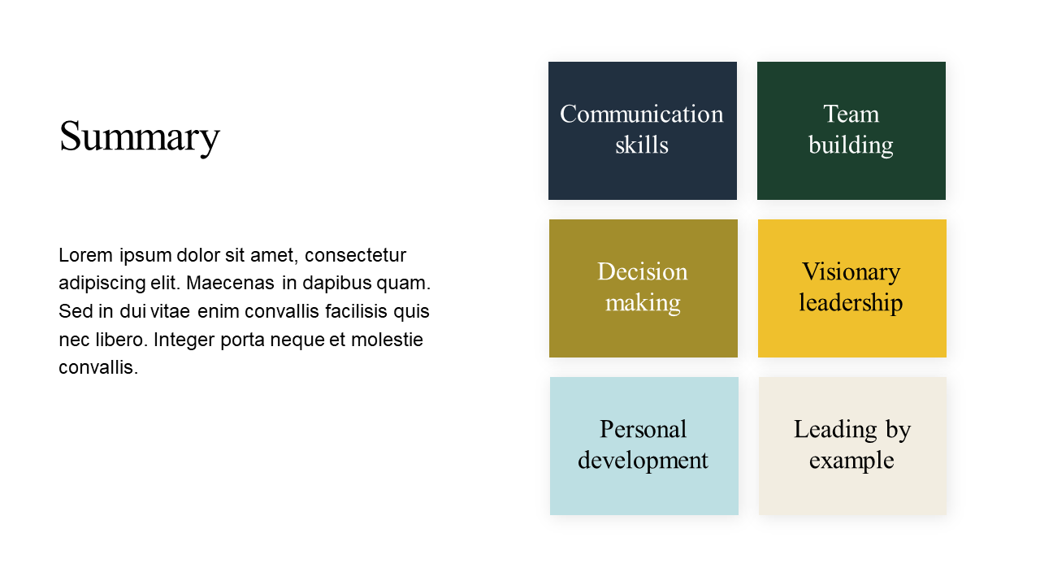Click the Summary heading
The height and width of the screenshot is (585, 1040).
coord(139,137)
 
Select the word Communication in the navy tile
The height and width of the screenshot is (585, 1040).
coord(642,115)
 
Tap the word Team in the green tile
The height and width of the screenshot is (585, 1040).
coord(851,115)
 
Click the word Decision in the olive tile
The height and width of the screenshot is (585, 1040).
coord(643,271)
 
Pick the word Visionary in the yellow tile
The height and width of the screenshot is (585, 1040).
coord(851,272)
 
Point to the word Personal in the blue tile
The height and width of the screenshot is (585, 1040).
coord(643,430)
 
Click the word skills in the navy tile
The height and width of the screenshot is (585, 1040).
coord(642,145)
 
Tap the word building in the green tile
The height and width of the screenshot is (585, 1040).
coord(851,145)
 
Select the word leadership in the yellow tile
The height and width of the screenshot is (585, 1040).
coord(851,303)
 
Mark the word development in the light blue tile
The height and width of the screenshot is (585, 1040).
coord(643,461)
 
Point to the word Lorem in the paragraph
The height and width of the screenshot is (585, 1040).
coord(86,255)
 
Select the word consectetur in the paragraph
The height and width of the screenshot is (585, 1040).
coord(356,255)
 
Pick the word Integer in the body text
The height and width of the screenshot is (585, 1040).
coord(184,340)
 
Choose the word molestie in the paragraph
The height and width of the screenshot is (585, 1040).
coord(388,340)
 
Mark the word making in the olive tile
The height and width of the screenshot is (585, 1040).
coord(643,304)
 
